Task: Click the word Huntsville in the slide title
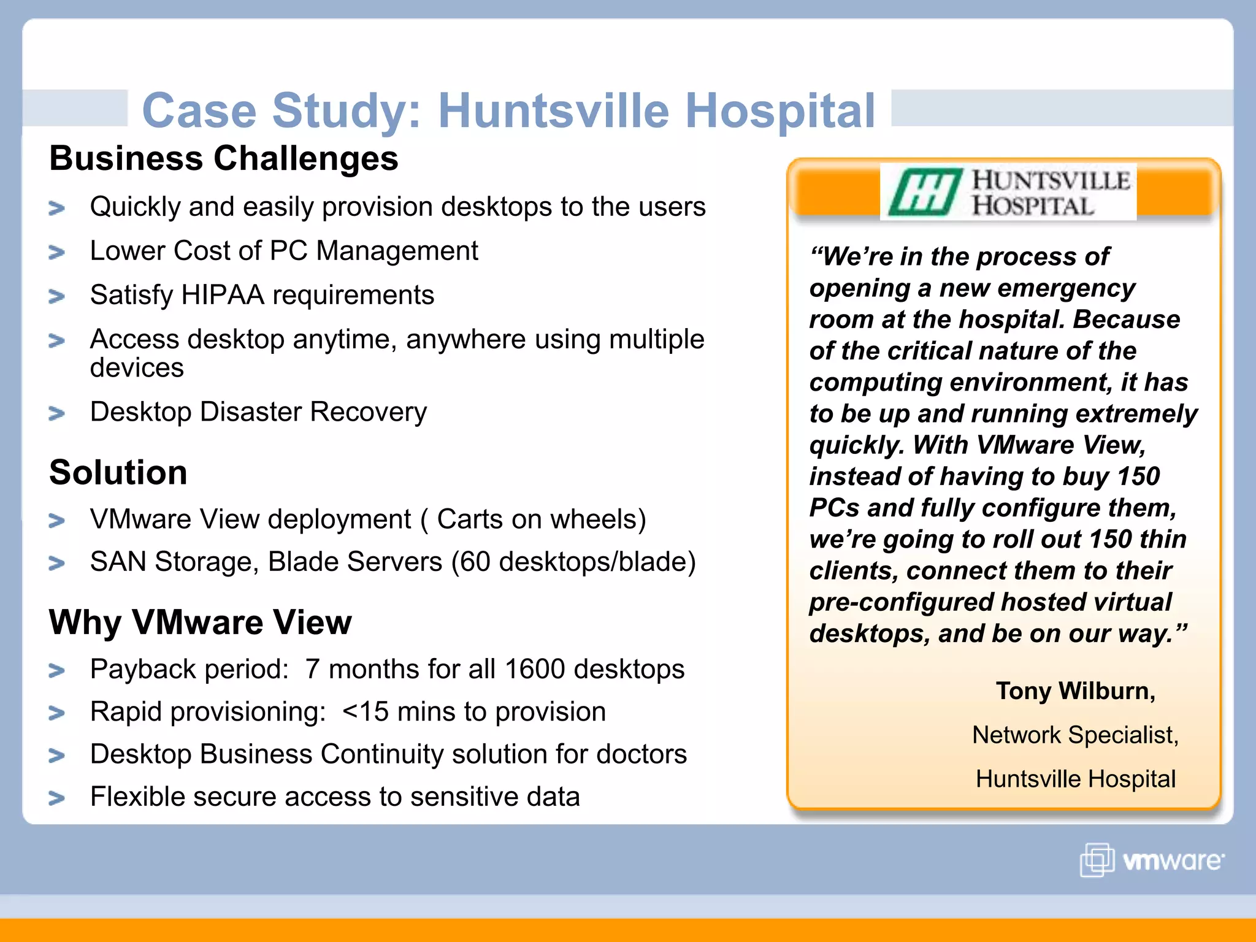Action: (553, 111)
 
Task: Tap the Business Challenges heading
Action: (224, 158)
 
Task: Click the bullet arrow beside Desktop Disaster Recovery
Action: (56, 414)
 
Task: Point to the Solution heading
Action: (118, 473)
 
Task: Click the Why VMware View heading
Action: (201, 622)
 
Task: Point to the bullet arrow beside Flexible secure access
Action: (56, 798)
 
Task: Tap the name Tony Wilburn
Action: (1075, 691)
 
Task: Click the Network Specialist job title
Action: (1075, 735)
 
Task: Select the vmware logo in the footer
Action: (1152, 860)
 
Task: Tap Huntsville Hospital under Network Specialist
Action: (1075, 779)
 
